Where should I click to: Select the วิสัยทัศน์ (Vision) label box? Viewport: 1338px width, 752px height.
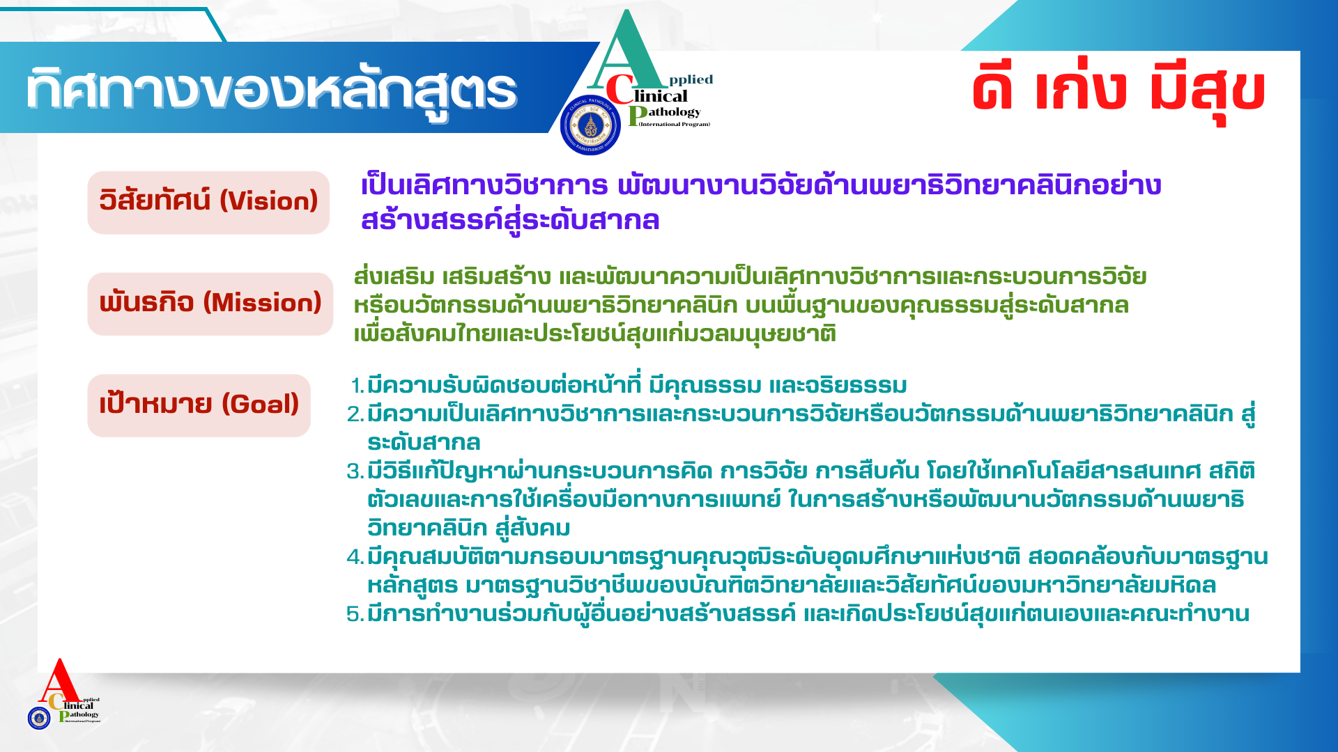click(208, 203)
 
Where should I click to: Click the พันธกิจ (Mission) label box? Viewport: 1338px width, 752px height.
click(210, 304)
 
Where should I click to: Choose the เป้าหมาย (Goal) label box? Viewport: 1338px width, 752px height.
click(199, 406)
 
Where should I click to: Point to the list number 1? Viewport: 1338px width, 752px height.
click(357, 386)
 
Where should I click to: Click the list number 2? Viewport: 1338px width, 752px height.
click(355, 414)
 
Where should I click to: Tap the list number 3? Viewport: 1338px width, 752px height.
click(355, 471)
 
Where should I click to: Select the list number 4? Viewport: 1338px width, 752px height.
click(355, 557)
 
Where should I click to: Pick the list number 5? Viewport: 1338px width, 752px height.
click(355, 614)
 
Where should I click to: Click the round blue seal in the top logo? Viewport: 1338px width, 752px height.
click(590, 125)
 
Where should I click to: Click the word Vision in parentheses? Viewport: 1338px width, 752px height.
click(269, 201)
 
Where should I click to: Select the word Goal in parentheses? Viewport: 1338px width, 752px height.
click(260, 405)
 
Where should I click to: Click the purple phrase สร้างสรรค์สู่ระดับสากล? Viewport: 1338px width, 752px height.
click(510, 220)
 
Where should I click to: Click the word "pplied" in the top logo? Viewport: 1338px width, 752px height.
click(691, 79)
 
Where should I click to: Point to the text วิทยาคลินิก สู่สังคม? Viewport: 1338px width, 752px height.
click(469, 528)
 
